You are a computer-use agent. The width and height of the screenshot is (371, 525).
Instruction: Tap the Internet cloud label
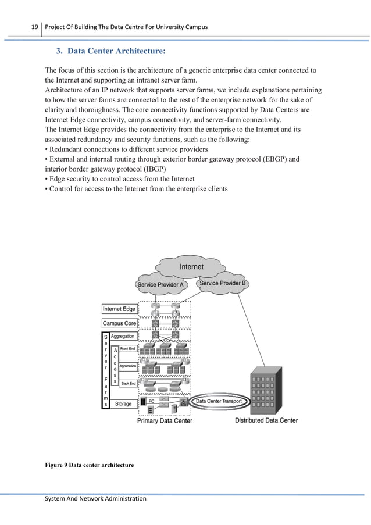coord(191,267)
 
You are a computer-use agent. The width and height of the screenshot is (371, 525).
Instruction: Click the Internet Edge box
coord(119,309)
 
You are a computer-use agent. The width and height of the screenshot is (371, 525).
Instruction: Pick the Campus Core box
coord(119,323)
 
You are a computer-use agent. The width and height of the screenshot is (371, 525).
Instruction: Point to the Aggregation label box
coord(123,336)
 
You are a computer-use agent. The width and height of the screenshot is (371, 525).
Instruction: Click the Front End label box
coord(128,348)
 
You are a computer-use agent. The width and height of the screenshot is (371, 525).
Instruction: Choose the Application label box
coord(128,366)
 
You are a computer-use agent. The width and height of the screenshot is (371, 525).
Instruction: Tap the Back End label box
coord(128,384)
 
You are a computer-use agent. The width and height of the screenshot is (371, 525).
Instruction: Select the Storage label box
coord(123,403)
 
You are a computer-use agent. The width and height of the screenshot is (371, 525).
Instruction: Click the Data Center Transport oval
coord(220,401)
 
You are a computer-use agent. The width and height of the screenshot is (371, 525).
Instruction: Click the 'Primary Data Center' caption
coord(165,420)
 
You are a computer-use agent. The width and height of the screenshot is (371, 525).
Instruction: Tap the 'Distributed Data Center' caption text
coord(266,420)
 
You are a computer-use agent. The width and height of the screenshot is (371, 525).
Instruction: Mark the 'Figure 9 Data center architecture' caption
coord(89,465)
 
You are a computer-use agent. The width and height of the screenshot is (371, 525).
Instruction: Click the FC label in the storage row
coord(151,401)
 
